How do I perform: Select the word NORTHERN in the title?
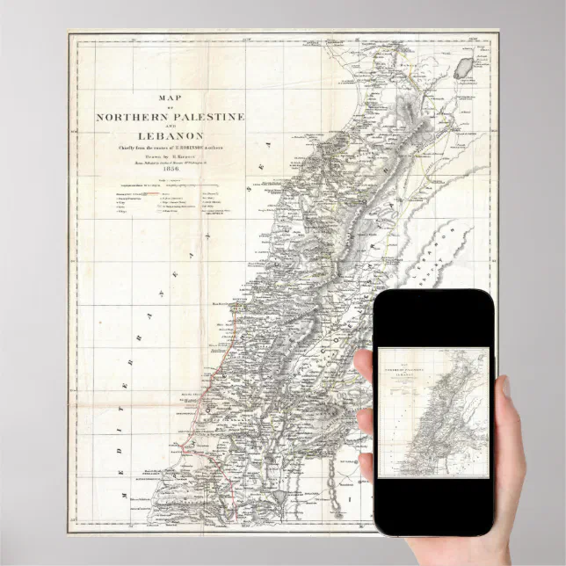click(131, 117)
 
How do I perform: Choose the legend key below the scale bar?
click(167, 207)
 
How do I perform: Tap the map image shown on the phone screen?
click(432, 413)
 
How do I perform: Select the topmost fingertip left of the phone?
click(364, 360)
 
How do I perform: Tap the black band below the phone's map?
click(432, 505)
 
